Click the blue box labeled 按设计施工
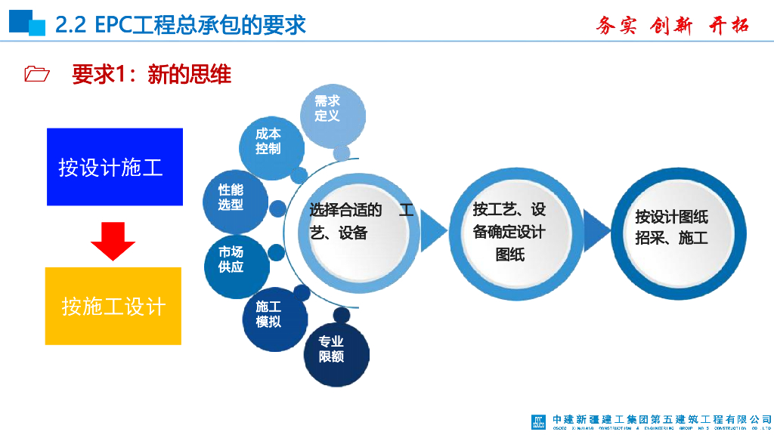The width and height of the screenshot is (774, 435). [x=115, y=167]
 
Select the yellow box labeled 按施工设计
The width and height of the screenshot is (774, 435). [x=113, y=306]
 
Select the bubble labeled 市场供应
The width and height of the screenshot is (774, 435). [x=233, y=260]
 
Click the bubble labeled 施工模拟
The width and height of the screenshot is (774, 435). [x=271, y=316]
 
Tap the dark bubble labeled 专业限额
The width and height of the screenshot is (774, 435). [x=333, y=350]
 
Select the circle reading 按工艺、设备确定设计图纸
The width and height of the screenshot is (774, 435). [x=509, y=232]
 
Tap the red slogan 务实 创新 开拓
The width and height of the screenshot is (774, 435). [x=672, y=25]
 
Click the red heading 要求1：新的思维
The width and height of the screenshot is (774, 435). [x=151, y=74]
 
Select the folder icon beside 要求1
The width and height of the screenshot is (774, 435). [x=36, y=74]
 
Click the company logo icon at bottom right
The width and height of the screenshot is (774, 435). [x=537, y=421]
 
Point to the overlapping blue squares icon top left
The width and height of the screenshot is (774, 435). [x=27, y=23]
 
